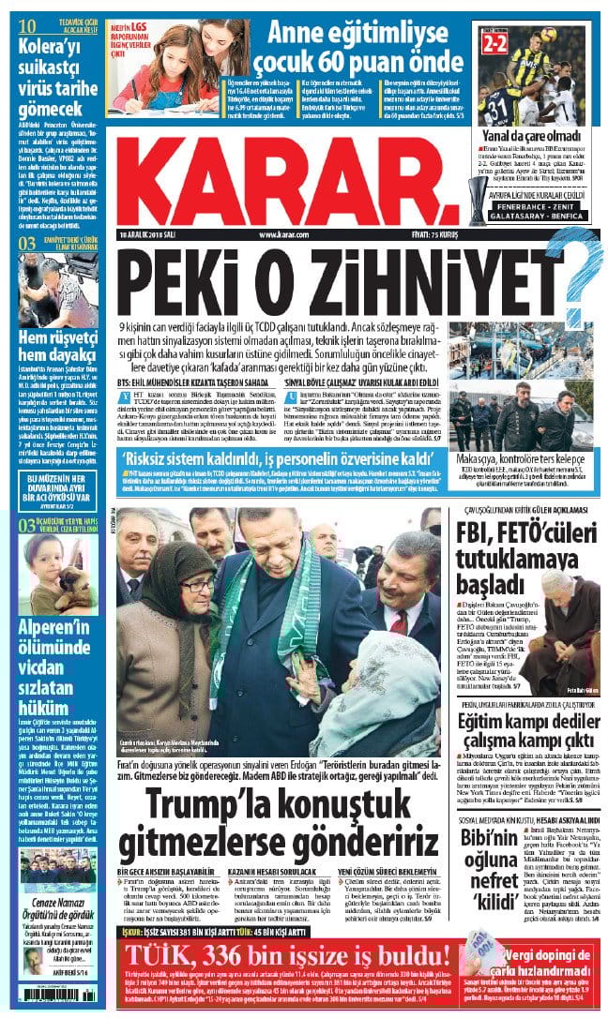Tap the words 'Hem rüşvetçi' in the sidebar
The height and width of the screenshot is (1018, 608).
[x=54, y=337]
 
